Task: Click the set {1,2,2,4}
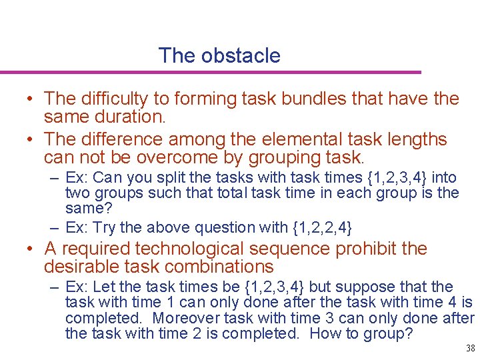[x=322, y=227]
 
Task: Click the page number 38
[x=470, y=348]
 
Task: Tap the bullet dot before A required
[x=31, y=249]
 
